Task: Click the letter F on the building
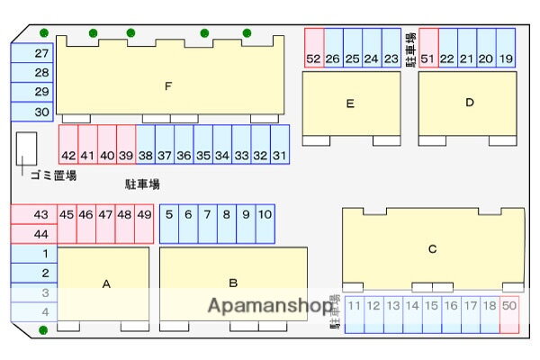point(167,86)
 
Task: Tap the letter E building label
point(350,103)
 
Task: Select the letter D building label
point(469,103)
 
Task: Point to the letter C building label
point(432,249)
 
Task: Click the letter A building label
point(105,283)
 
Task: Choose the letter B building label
point(232,282)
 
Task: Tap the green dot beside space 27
point(43,33)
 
